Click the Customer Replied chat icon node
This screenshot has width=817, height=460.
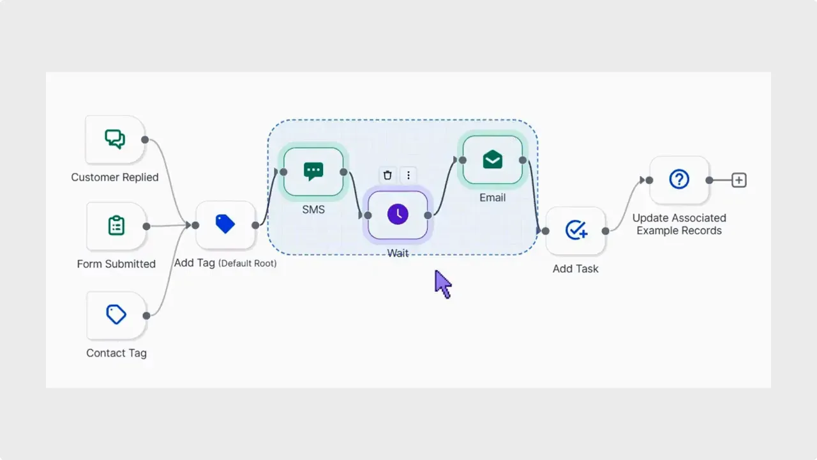coord(115,139)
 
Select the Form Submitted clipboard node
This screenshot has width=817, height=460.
coord(116,226)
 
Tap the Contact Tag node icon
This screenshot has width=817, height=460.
coord(116,314)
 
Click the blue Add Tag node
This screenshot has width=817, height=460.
coord(225,224)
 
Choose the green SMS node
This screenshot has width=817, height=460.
coord(313,172)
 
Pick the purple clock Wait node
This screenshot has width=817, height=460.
coord(398,215)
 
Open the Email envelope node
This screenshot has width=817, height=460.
coord(492,160)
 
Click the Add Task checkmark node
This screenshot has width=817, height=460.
coord(576,230)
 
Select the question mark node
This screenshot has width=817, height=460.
coord(679,180)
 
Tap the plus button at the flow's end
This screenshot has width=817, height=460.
coord(738,180)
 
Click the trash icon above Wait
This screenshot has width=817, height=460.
coord(387,175)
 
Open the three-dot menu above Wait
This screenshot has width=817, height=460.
coord(408,175)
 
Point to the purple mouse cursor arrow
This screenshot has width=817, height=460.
coord(442,283)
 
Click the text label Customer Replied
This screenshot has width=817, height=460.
coord(115,178)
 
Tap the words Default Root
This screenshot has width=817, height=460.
coord(248,263)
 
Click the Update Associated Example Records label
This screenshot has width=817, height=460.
coord(679,224)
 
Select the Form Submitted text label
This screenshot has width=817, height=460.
coord(116,264)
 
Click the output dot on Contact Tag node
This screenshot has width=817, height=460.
coord(146,315)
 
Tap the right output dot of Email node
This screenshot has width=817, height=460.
coord(522,160)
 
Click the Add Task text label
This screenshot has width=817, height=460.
coord(576,269)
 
